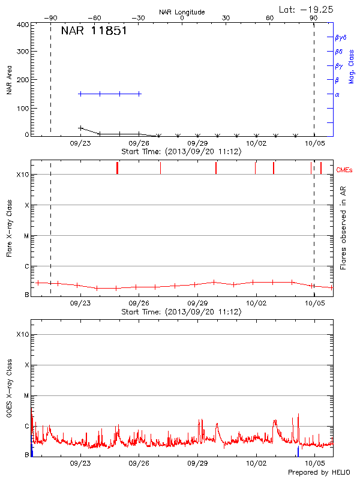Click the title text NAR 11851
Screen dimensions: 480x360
[x=94, y=31]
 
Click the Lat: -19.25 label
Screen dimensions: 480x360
[x=306, y=9]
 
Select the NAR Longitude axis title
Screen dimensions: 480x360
[x=182, y=12]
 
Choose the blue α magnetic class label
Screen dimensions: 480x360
[x=337, y=94]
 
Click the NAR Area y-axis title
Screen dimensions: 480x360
[x=9, y=80]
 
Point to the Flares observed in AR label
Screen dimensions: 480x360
[x=343, y=227]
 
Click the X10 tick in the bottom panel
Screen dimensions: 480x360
[x=22, y=334]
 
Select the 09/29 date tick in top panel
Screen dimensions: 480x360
[x=197, y=144]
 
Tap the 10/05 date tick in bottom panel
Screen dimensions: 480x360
[x=314, y=464]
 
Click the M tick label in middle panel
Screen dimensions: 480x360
[x=26, y=236]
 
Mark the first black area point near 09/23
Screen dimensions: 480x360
[x=81, y=128]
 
